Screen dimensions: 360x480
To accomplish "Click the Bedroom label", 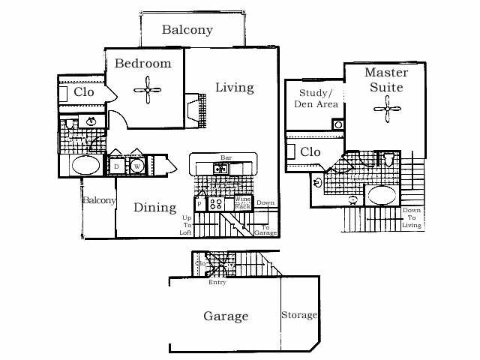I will (x=142, y=64).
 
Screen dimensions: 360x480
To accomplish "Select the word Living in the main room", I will (x=235, y=88).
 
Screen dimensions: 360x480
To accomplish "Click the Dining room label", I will (x=155, y=208).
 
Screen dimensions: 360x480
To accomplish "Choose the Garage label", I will (x=226, y=316).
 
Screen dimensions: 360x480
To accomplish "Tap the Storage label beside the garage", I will (x=299, y=315).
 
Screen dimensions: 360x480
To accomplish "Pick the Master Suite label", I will (x=386, y=79).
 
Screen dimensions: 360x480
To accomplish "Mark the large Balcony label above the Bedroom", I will (x=187, y=31).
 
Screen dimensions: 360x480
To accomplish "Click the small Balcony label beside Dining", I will (x=99, y=200).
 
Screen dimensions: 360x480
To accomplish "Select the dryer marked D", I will (x=117, y=166).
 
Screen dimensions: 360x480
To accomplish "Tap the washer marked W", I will (x=137, y=166).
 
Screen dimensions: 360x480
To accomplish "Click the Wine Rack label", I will (x=243, y=202).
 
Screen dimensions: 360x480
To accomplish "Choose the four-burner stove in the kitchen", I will (x=215, y=203).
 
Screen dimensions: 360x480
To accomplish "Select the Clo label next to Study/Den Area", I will (x=310, y=152).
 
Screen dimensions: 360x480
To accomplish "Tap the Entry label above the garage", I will (x=217, y=282).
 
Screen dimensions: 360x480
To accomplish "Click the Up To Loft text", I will (x=186, y=225).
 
